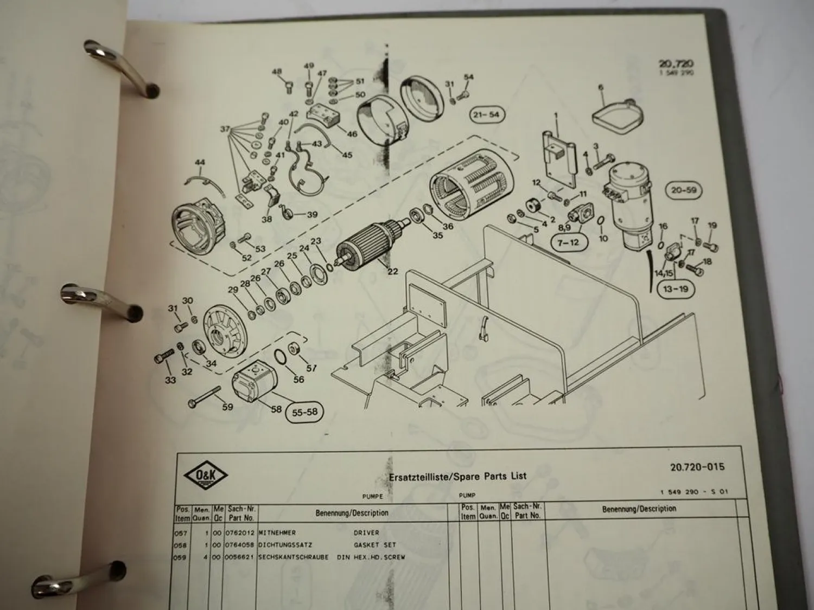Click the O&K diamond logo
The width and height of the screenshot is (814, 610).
tap(206, 478)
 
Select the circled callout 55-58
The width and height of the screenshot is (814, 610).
tap(304, 412)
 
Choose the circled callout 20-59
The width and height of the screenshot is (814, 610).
tap(684, 190)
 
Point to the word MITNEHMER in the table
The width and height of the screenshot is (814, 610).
tap(277, 533)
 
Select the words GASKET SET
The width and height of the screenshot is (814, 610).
tap(375, 545)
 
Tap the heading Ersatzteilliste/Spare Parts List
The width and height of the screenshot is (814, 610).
tap(457, 477)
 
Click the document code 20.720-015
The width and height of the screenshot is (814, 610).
tap(697, 467)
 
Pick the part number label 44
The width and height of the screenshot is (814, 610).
tap(200, 163)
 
